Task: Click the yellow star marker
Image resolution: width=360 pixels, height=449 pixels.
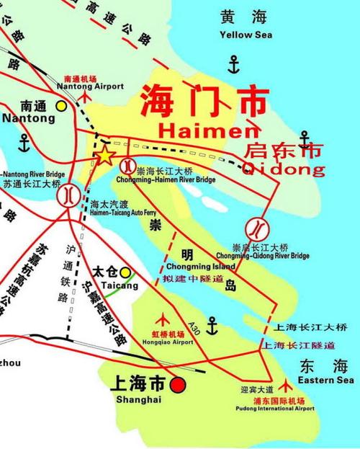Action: tap(105, 154)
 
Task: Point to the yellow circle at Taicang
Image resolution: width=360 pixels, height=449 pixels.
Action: tap(126, 272)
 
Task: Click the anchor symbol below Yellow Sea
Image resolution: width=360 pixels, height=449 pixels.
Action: tap(233, 66)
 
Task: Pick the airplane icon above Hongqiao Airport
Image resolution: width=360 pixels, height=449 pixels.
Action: tap(168, 317)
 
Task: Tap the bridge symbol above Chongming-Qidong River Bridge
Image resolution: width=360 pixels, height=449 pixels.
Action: tap(256, 229)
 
